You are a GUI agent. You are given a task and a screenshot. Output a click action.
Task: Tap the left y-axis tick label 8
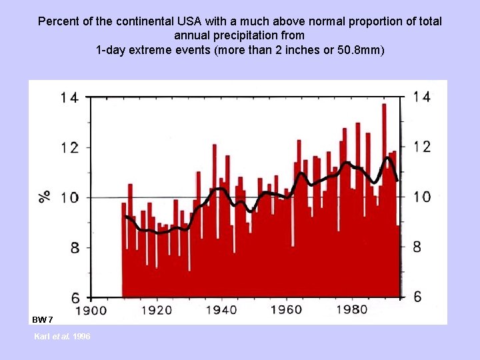point(73,248)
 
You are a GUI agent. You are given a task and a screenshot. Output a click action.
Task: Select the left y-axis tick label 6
point(73,297)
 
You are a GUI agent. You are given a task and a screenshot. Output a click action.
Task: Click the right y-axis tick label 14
point(421,97)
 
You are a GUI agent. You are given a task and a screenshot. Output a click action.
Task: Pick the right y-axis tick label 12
point(421,147)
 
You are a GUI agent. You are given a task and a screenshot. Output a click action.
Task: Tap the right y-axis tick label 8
point(417,247)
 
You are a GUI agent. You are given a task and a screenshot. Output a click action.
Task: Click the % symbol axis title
point(45,195)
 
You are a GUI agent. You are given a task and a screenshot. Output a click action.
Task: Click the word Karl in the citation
point(41,336)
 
